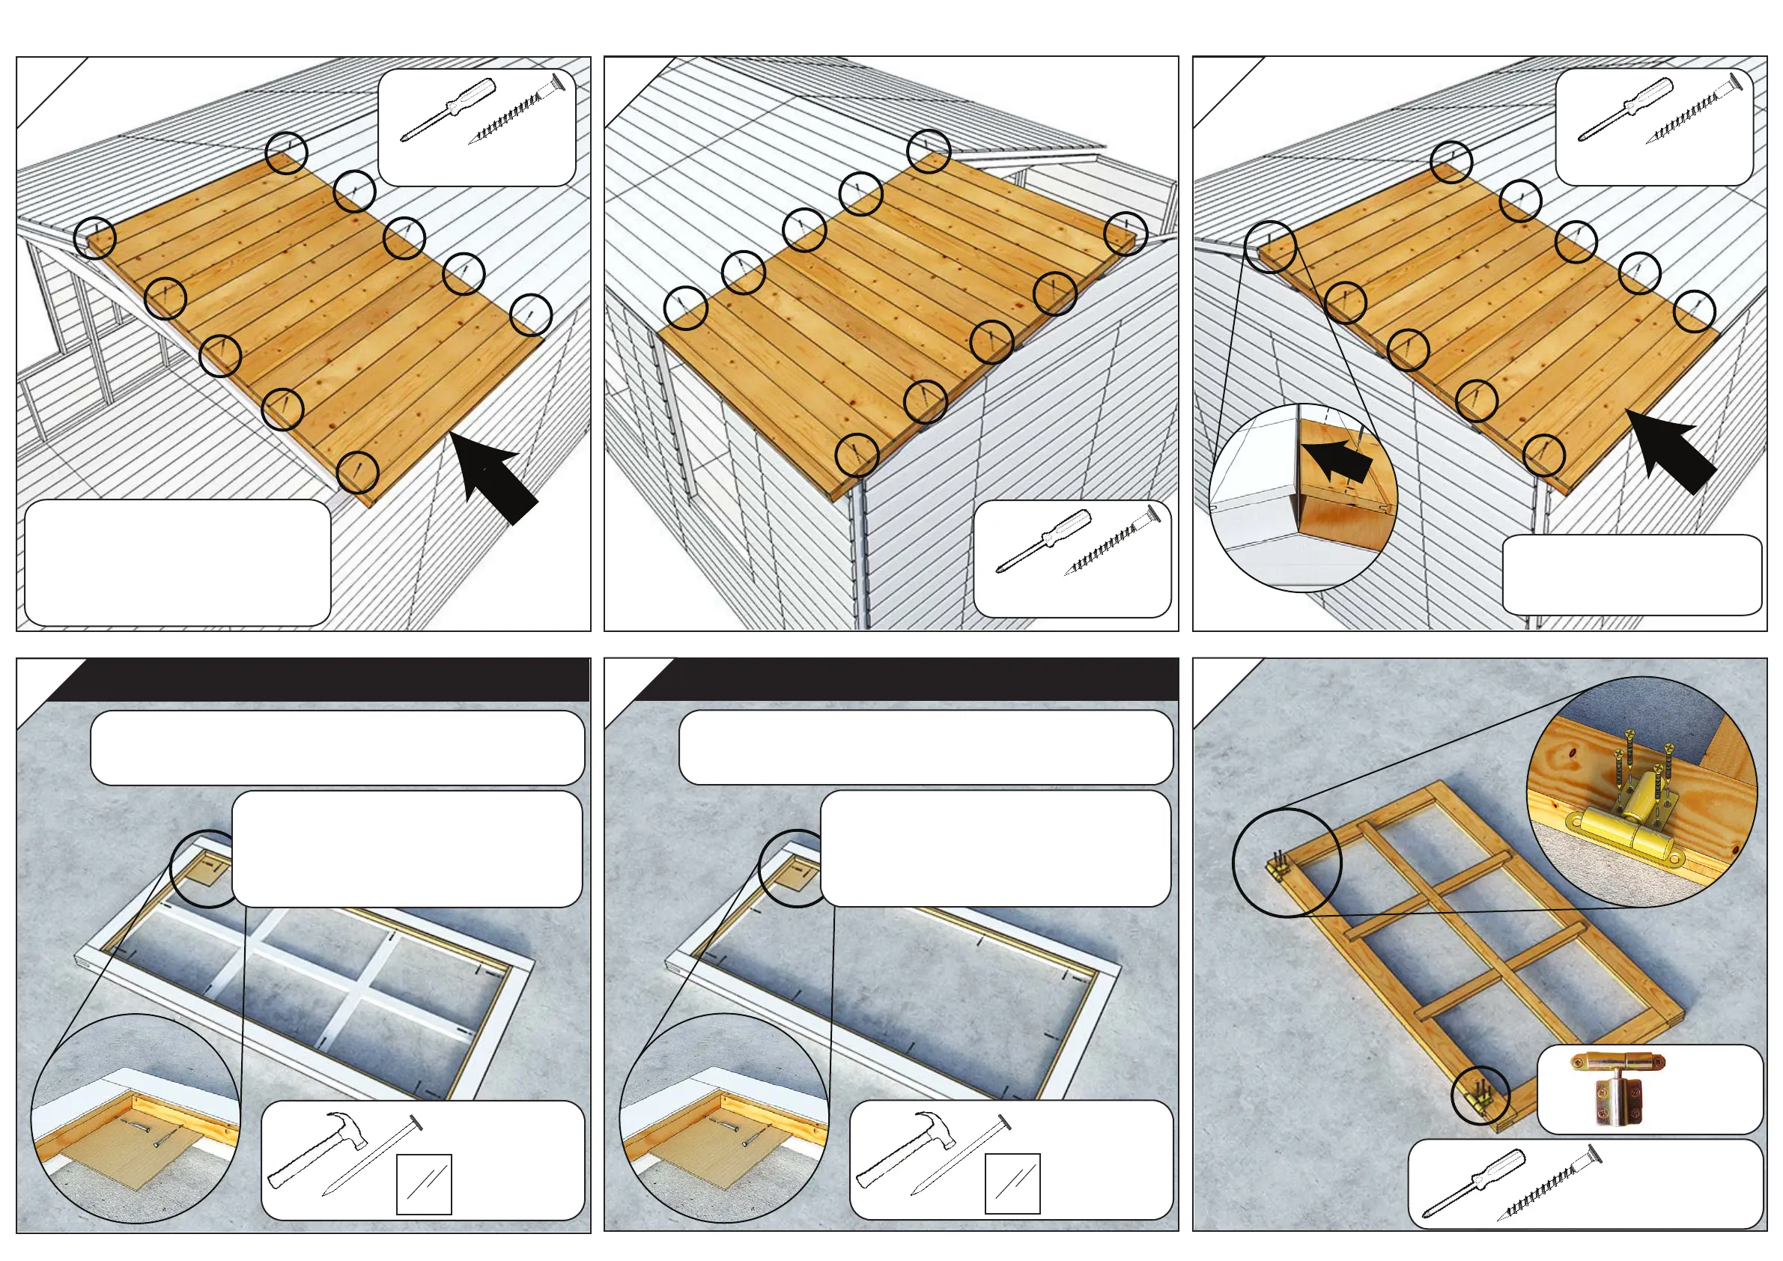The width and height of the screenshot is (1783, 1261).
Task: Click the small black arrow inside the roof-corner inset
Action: pos(1337,459)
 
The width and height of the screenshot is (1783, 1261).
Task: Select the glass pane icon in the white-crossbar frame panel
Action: pos(424,1183)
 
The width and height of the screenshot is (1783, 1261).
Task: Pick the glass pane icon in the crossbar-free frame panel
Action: pos(1012,1183)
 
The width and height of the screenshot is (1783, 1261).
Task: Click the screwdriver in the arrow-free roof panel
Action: pos(1043,541)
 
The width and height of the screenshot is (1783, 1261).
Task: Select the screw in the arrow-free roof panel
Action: pos(1113,541)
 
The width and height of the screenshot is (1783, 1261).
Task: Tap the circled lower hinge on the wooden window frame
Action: pos(1480,1096)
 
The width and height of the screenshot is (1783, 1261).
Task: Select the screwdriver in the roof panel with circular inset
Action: pos(1625,109)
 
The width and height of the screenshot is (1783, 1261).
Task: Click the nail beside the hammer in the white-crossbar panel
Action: pos(371,1155)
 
